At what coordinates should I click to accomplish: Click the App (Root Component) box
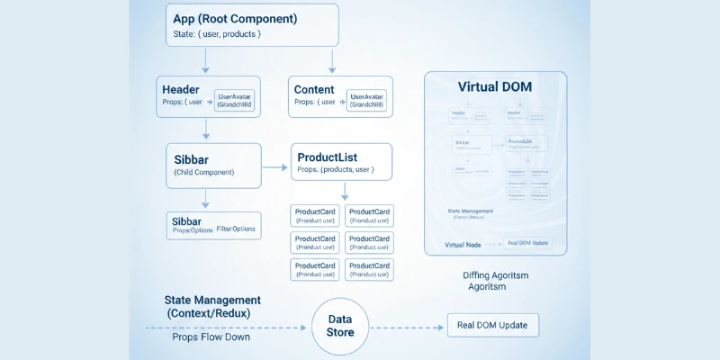[252, 25]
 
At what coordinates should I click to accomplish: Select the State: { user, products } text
[216, 35]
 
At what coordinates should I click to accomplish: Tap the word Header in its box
[181, 89]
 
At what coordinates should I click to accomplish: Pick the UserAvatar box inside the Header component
[234, 100]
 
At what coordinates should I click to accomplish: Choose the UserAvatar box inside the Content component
[366, 100]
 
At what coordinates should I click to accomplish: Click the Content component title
[314, 89]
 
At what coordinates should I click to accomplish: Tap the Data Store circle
[340, 326]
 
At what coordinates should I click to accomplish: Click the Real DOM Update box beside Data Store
[492, 325]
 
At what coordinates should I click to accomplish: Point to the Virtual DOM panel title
[495, 87]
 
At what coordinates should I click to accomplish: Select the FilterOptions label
[236, 229]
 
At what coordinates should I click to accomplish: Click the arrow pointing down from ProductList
[345, 192]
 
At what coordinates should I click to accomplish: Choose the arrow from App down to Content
[332, 60]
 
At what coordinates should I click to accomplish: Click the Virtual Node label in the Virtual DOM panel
[463, 245]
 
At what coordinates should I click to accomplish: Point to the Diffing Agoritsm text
[495, 275]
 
